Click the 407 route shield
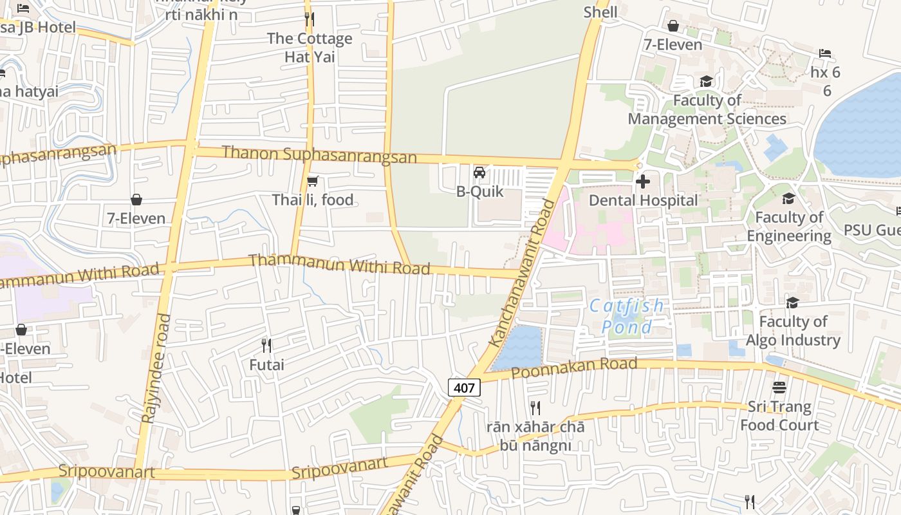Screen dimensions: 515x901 pos(464,388)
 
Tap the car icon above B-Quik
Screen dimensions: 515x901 pos(479,173)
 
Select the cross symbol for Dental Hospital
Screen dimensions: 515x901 pos(642,182)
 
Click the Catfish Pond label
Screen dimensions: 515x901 pos(627,316)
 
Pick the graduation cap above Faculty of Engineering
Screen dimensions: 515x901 pos(788,198)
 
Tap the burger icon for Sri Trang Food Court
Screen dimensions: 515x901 pos(779,388)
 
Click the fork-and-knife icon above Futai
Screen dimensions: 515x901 pos(266,346)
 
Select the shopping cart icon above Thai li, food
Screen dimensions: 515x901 pos(312,182)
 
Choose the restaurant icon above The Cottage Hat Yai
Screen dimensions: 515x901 pos(310,19)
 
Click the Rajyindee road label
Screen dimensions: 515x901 pos(155,368)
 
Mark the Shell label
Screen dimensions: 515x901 pos(600,12)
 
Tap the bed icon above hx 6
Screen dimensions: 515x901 pos(825,53)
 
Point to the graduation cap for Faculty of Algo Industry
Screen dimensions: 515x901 pos(792,303)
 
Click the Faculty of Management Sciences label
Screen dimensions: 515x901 pos(707,109)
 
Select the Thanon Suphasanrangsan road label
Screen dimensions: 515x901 pos(319,154)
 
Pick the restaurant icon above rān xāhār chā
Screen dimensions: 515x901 pos(535,407)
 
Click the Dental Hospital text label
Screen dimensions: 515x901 pos(643,200)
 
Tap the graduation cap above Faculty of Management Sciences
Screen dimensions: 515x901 pos(706,81)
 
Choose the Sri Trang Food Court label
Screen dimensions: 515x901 pos(779,416)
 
